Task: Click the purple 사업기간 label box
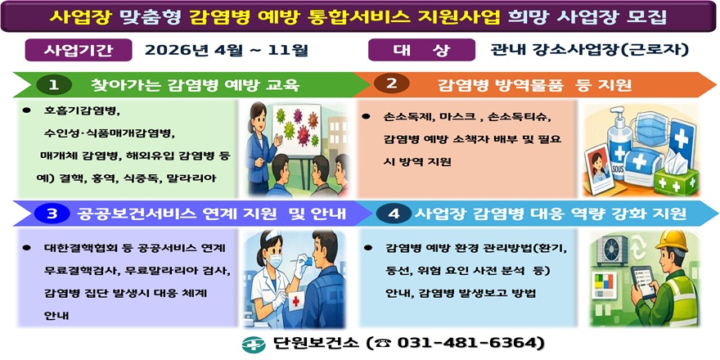tap(79, 50)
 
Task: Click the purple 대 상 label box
tap(422, 50)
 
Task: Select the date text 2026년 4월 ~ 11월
tap(226, 50)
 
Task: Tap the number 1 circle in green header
tap(54, 84)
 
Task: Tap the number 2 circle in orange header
tap(391, 84)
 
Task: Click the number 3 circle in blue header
tap(52, 214)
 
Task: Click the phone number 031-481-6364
tap(470, 342)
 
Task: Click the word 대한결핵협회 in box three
tap(75, 246)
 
